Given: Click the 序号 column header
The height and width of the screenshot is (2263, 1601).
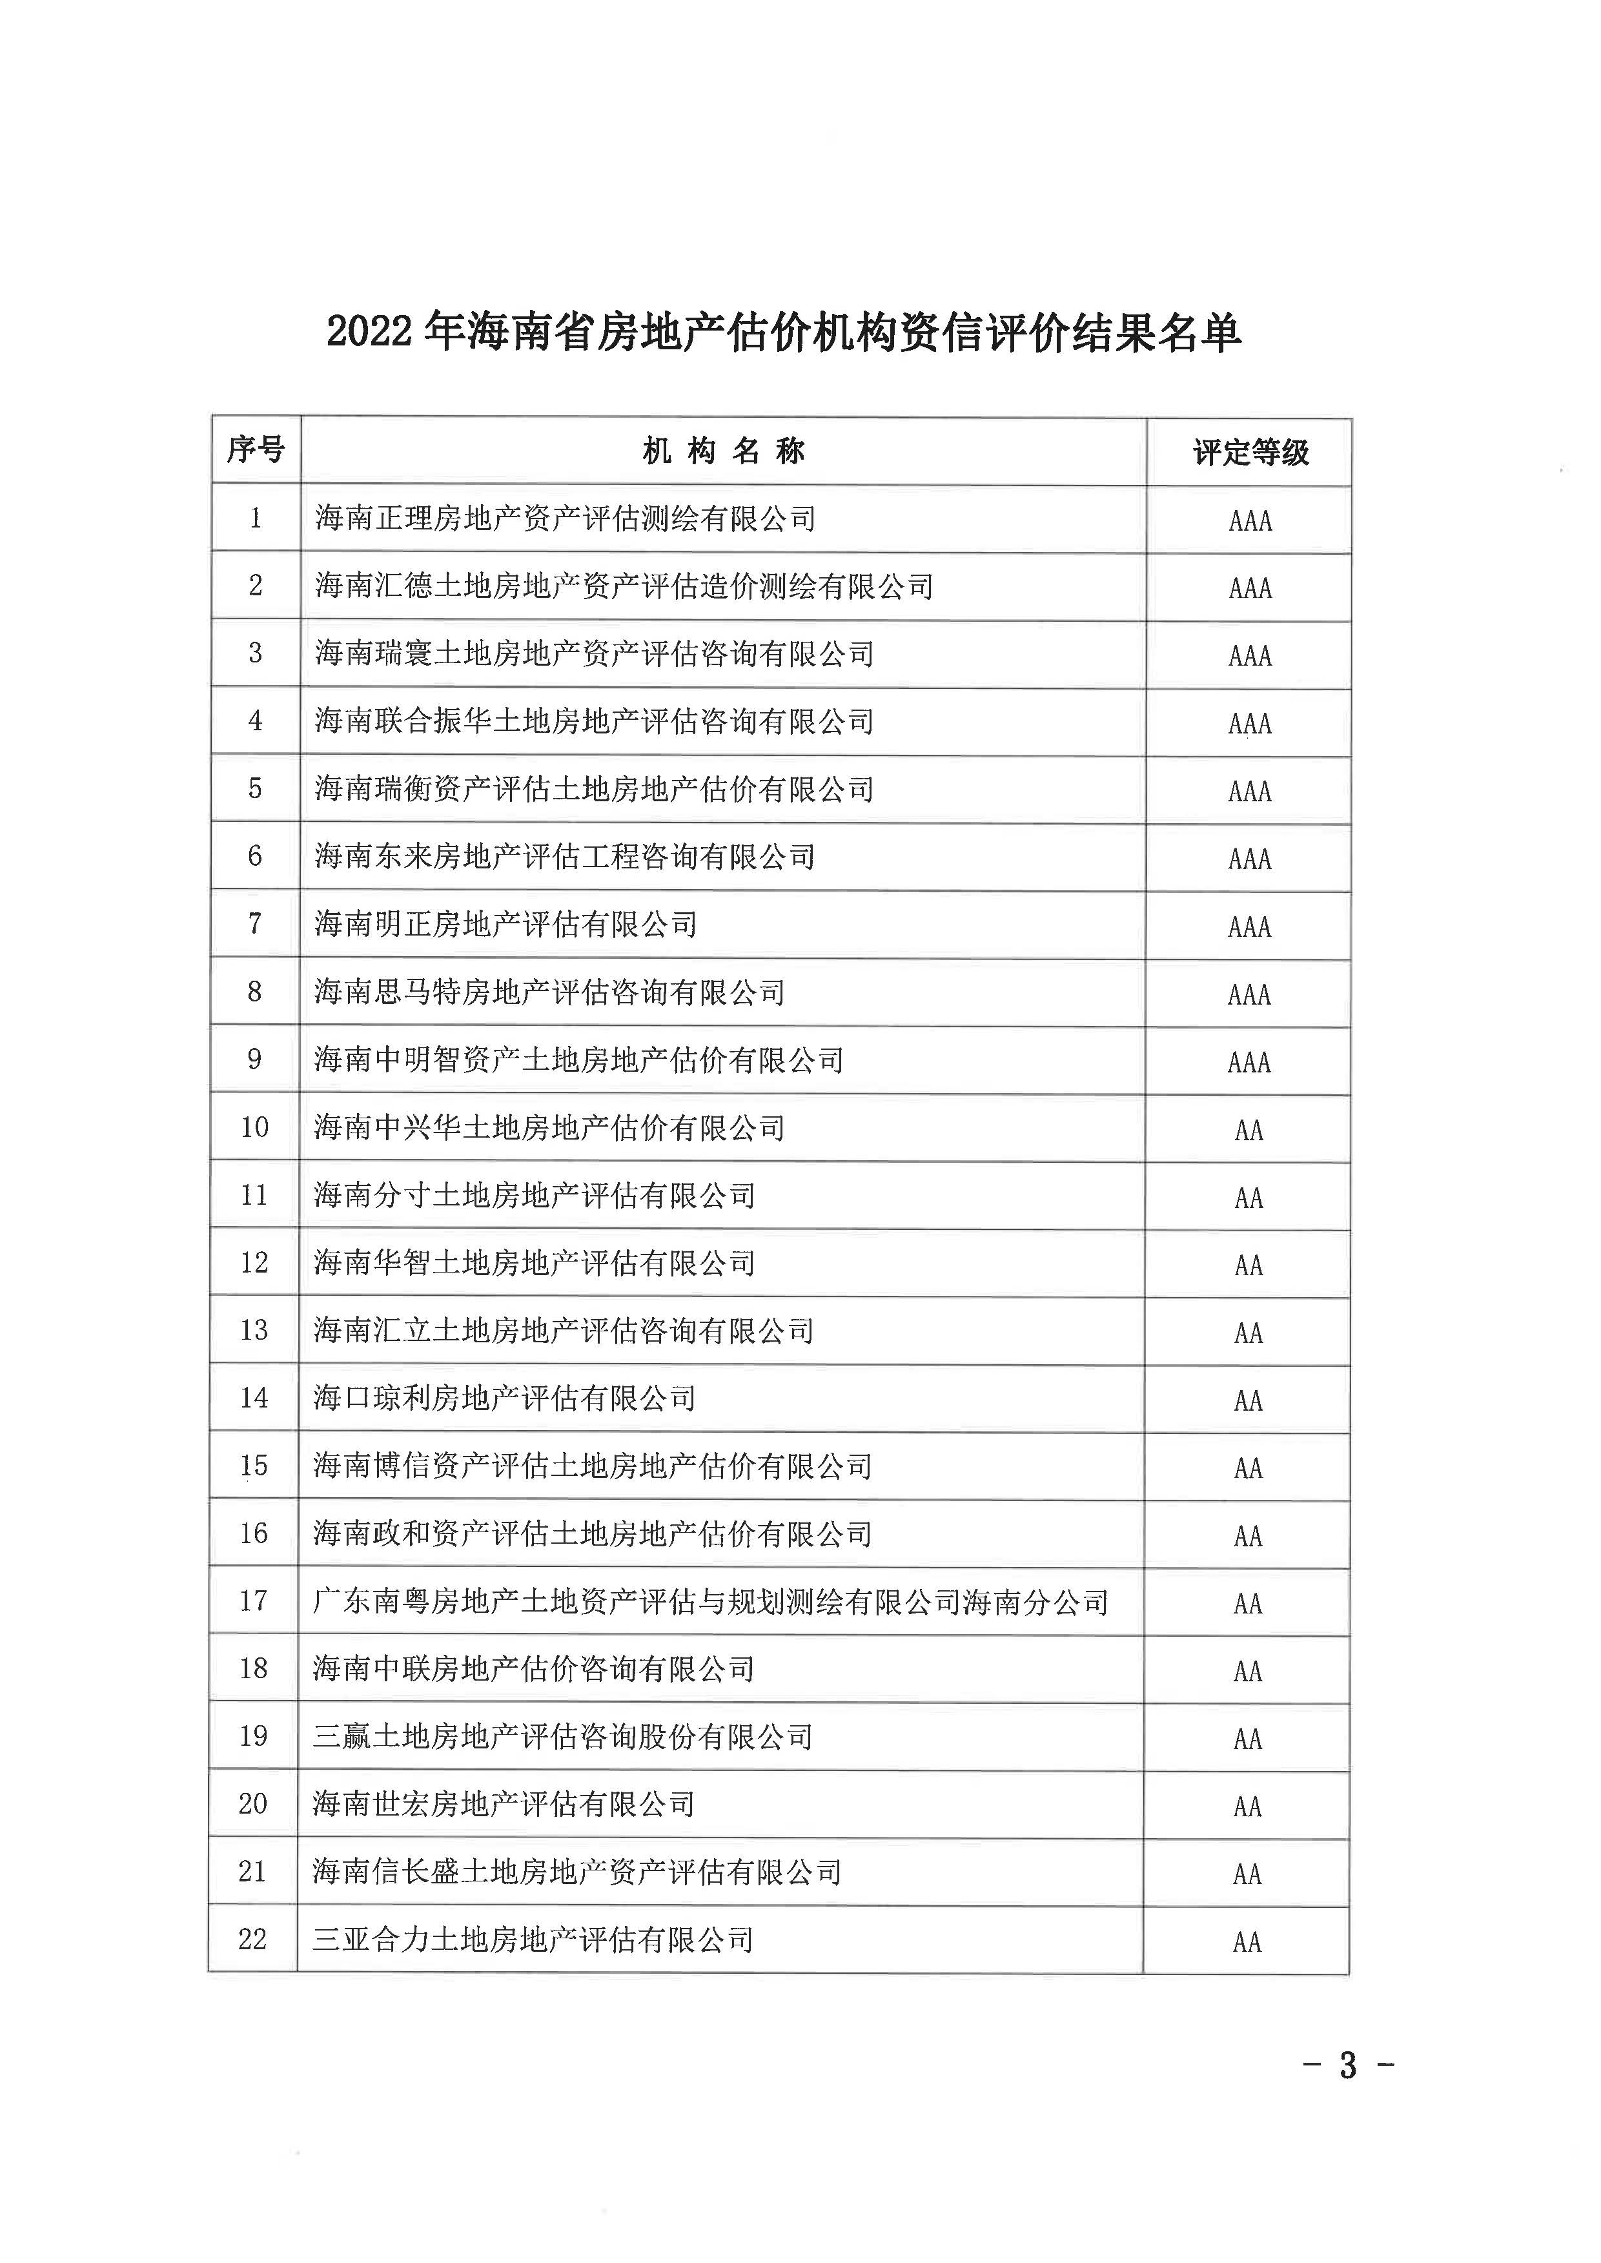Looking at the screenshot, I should (256, 451).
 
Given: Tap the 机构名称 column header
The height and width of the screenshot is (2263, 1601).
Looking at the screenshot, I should (724, 451).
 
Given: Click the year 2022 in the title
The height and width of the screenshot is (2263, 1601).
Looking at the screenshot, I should (369, 333).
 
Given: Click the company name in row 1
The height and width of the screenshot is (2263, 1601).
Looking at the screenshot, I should (565, 518).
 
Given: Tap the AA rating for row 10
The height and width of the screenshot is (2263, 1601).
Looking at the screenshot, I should (1248, 1130).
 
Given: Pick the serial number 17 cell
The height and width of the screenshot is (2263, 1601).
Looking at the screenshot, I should (253, 1601).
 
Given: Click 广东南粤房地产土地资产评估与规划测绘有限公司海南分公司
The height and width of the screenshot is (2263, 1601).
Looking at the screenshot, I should (710, 1601).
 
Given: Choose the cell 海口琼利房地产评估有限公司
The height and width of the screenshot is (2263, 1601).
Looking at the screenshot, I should (504, 1398).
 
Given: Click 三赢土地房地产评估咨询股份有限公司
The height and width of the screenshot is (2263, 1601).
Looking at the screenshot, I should (562, 1736).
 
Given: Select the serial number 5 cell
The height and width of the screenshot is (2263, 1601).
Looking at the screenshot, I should (254, 789).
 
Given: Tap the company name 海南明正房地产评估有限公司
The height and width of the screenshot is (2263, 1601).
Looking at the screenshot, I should (505, 924).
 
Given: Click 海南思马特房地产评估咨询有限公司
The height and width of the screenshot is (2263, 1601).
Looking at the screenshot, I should (549, 992).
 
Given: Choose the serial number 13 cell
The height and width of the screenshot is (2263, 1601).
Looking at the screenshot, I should (253, 1330).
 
